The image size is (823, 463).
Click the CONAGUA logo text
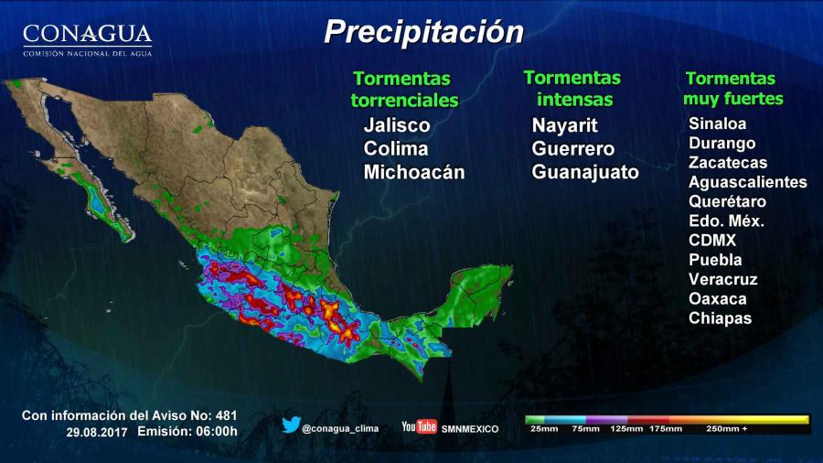(x=87, y=36)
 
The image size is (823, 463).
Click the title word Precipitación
(x=423, y=33)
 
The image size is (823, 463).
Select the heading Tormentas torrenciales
(x=404, y=89)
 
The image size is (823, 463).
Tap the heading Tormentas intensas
(x=572, y=88)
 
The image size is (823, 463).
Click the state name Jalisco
(x=396, y=125)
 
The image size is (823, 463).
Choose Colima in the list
(x=395, y=148)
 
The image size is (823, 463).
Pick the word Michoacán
(x=413, y=172)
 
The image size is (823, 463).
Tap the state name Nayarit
(x=564, y=125)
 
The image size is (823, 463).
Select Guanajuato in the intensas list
(x=585, y=172)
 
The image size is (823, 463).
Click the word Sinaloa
(x=717, y=124)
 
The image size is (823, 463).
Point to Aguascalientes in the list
(x=747, y=182)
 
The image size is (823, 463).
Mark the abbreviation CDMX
(x=711, y=241)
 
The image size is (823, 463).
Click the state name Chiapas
(x=720, y=318)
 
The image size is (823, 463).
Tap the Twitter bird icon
(x=291, y=425)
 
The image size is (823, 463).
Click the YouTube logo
(x=419, y=426)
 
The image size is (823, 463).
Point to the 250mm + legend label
(x=727, y=428)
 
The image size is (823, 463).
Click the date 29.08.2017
(x=97, y=431)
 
